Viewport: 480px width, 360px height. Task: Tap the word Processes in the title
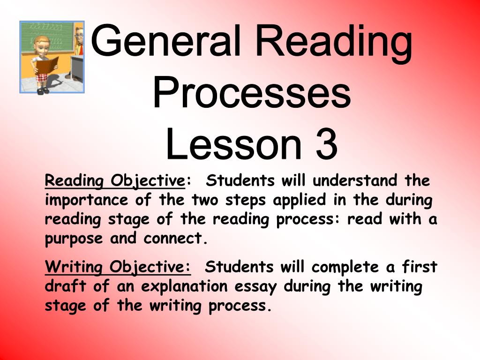(x=252, y=92)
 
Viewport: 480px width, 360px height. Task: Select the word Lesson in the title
(x=233, y=143)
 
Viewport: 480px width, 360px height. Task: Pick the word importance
(x=87, y=201)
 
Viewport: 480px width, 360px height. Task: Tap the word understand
(x=355, y=180)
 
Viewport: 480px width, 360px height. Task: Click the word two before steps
(x=205, y=201)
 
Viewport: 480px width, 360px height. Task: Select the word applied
(x=299, y=201)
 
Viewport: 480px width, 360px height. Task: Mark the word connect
(x=172, y=239)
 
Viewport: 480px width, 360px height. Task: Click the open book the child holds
(x=46, y=65)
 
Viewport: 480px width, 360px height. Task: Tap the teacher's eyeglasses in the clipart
(x=79, y=35)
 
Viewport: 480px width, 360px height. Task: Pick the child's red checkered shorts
(x=42, y=77)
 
